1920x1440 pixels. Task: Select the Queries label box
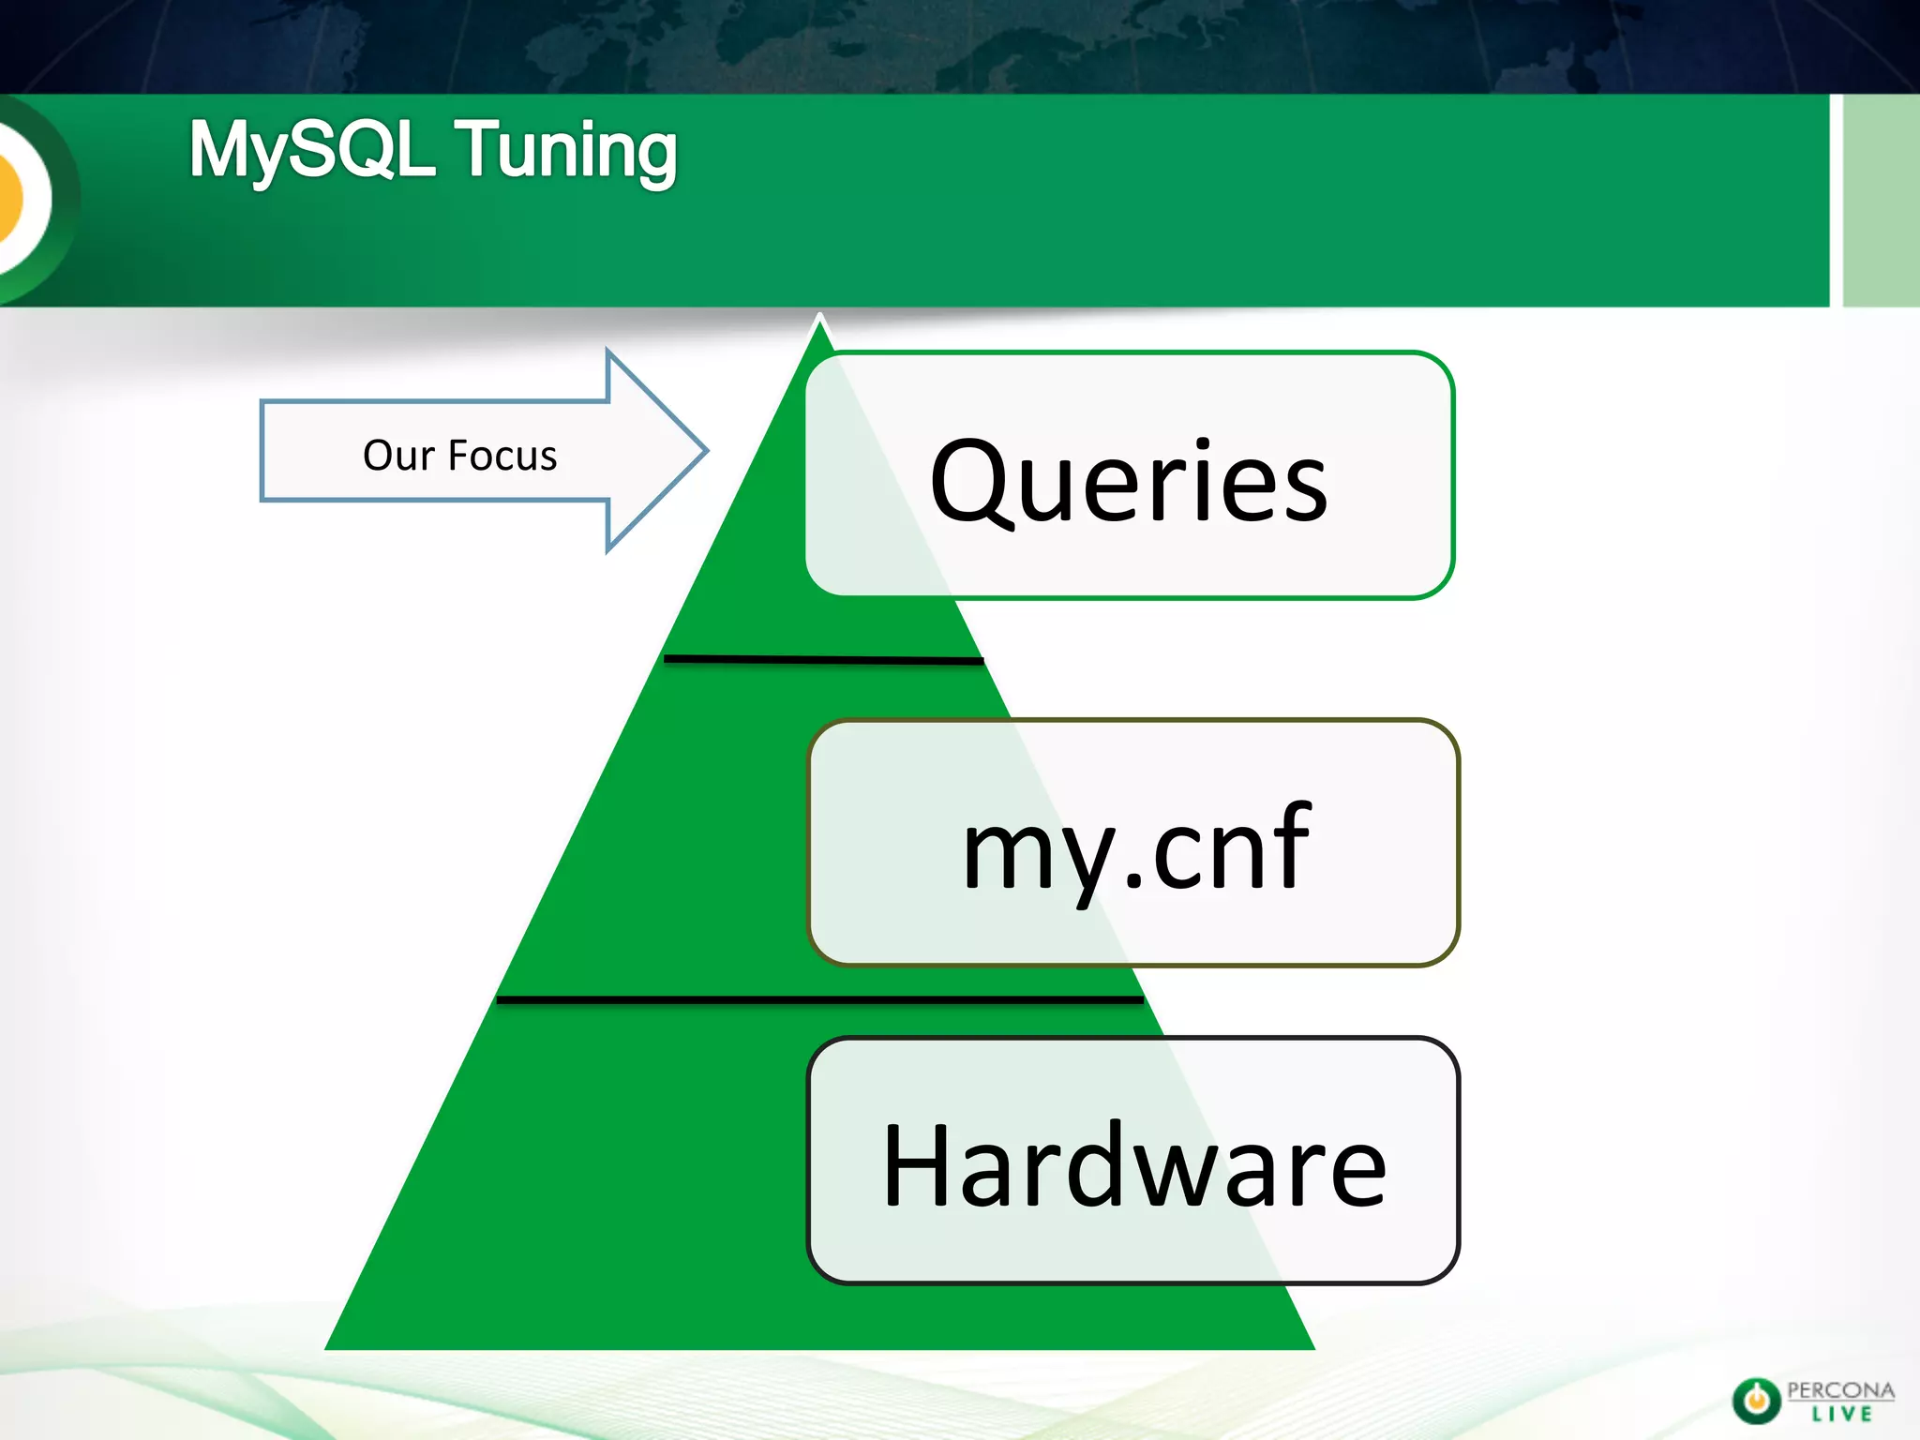click(x=1129, y=475)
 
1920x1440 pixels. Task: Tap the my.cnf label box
click(x=1133, y=842)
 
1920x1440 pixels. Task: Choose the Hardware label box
click(x=1133, y=1161)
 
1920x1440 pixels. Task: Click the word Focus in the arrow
click(x=502, y=456)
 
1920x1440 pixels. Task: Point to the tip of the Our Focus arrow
click(x=704, y=451)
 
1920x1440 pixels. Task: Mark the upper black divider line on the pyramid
click(x=823, y=660)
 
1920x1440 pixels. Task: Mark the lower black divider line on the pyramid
click(x=819, y=1000)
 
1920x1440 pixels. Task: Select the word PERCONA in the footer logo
click(x=1840, y=1390)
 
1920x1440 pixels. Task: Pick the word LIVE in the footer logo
click(x=1841, y=1415)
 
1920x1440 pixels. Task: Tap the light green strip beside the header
click(x=1881, y=200)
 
